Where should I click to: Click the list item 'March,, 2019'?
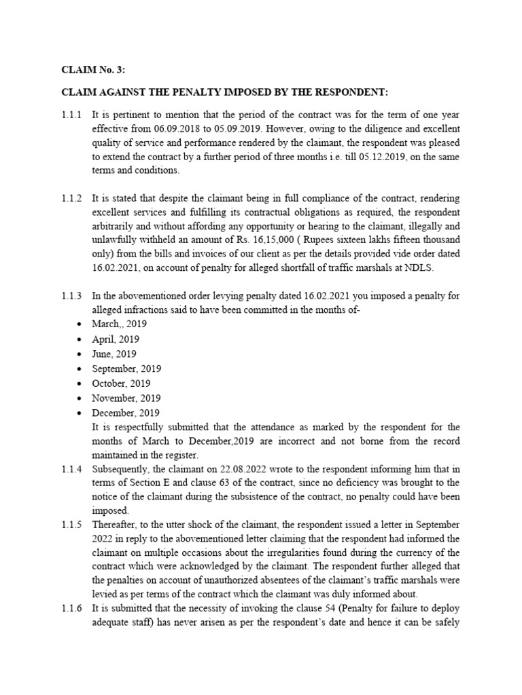(120, 324)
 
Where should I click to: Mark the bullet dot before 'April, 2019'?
(81, 339)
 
